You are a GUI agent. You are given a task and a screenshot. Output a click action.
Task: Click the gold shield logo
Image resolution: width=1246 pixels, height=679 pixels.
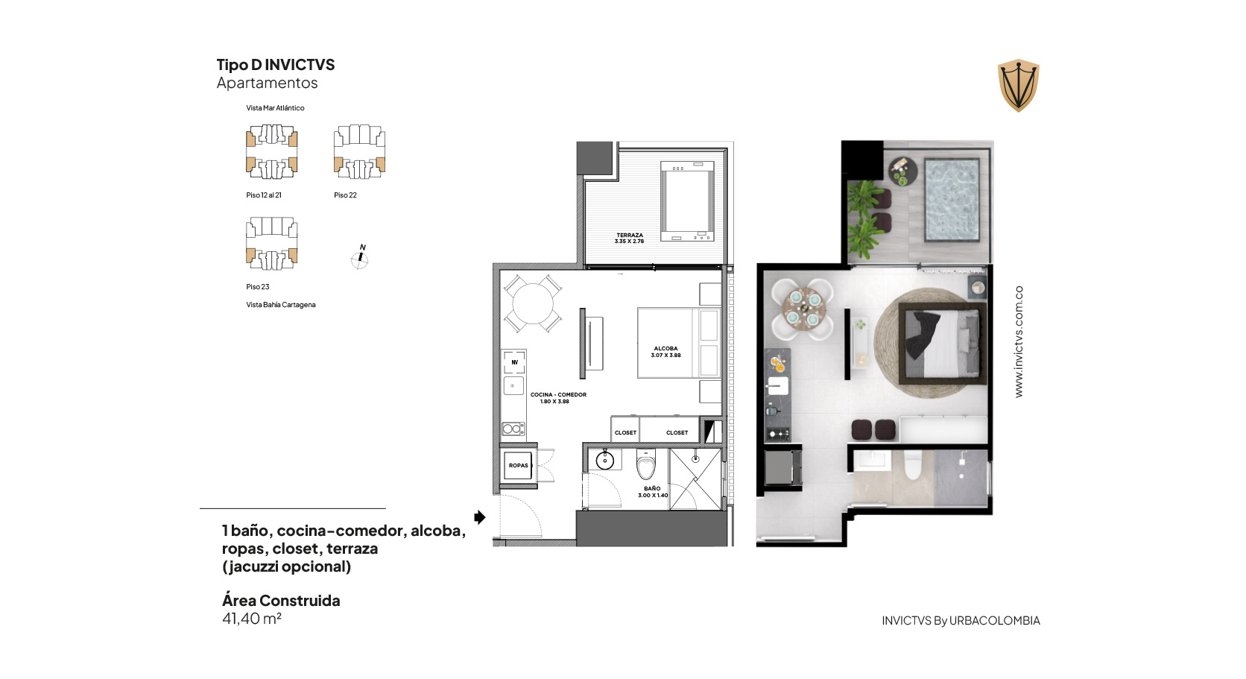pos(1019,86)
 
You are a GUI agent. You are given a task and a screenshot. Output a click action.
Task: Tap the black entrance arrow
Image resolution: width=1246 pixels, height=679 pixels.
pos(479,517)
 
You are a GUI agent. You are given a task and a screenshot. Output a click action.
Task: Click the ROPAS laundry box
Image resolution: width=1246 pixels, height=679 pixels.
pos(518,465)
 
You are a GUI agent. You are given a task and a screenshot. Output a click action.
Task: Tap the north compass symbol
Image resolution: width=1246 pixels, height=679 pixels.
pos(360,258)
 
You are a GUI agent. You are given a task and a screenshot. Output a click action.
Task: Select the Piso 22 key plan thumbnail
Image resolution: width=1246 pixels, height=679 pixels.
pos(359,151)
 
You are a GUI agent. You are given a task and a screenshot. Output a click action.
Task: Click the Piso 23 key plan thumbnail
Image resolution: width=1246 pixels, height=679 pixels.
pos(272,244)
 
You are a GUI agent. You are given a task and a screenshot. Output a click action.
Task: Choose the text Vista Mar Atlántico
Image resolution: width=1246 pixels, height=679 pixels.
pos(275,108)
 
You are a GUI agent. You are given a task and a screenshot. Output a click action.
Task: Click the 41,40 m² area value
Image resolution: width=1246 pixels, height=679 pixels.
pos(251,619)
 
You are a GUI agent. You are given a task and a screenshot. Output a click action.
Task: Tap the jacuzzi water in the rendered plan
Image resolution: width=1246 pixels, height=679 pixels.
pos(952,200)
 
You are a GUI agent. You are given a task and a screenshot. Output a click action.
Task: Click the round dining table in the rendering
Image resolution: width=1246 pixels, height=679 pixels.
pos(803,309)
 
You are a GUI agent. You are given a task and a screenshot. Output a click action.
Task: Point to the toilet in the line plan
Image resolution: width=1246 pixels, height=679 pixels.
pos(646,464)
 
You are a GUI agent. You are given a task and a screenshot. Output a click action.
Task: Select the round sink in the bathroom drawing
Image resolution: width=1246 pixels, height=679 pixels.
pos(604,461)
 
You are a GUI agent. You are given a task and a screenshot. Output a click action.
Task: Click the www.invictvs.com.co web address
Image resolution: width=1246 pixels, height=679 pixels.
pos(1019,341)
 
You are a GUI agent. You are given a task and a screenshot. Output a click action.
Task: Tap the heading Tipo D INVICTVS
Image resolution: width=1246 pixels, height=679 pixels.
pos(275,65)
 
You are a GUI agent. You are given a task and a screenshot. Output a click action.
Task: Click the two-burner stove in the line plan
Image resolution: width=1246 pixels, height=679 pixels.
pos(513,429)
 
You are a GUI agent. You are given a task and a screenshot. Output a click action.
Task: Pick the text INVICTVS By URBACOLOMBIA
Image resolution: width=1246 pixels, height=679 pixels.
pos(961,621)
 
